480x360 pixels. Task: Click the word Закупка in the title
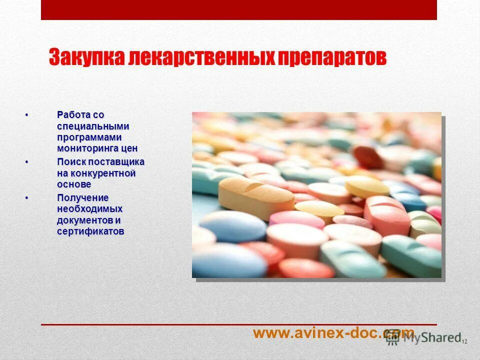[x=86, y=57]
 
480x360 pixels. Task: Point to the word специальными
[x=93, y=126]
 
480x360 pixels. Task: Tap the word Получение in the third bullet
[x=82, y=198]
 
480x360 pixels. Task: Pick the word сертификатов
[x=90, y=231]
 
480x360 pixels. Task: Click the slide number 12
[x=464, y=341]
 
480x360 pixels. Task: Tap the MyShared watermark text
[x=432, y=337]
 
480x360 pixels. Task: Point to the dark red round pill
[x=367, y=156]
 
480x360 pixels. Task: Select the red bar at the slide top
[x=239, y=10]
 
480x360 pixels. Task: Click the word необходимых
[x=89, y=209]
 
